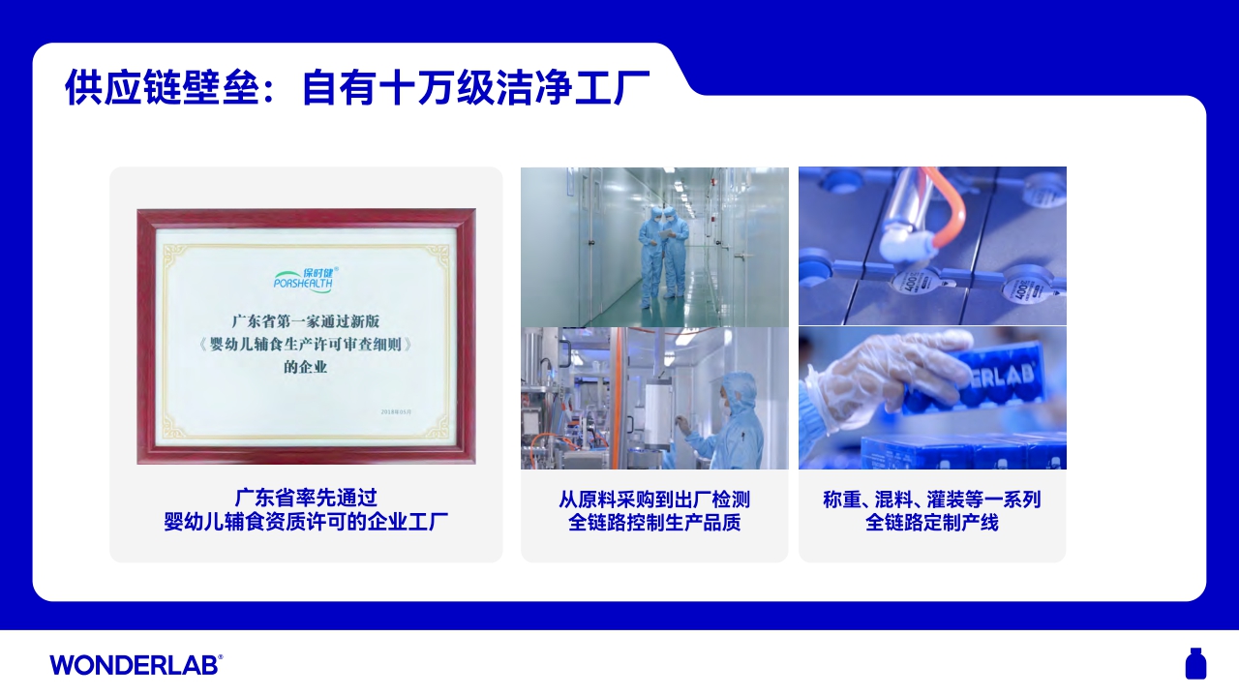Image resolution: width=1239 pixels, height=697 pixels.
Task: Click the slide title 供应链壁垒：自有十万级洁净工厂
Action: point(356,87)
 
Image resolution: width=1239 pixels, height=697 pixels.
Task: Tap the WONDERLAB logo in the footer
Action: point(136,664)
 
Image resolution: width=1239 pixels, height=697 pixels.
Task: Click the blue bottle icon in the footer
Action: point(1195,664)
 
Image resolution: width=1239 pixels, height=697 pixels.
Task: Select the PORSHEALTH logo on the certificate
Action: point(304,279)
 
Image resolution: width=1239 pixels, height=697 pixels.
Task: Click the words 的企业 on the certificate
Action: point(306,367)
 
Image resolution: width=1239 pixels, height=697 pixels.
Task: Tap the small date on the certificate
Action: point(398,411)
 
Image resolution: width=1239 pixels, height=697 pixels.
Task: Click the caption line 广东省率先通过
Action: point(306,499)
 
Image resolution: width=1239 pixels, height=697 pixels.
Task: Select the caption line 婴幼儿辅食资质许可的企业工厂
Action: point(306,523)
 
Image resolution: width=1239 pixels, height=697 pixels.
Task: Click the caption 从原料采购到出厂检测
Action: point(654,500)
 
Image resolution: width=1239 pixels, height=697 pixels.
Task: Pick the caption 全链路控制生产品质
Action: point(654,523)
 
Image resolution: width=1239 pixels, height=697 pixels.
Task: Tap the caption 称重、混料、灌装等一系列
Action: point(931,500)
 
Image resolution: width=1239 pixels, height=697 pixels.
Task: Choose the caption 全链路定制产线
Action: point(931,523)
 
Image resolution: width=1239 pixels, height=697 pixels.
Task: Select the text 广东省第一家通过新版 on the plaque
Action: point(306,320)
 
